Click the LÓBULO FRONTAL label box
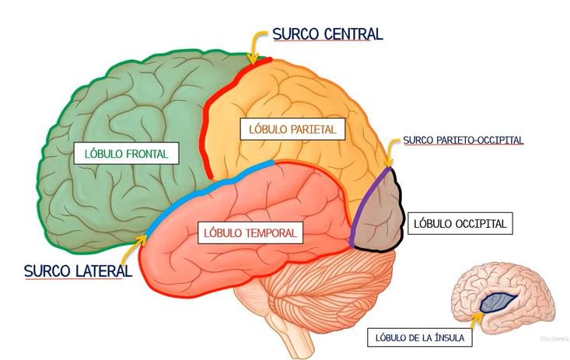click(x=126, y=153)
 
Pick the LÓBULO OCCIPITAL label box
click(x=460, y=224)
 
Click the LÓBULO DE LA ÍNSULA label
click(x=419, y=338)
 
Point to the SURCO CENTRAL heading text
click(x=327, y=34)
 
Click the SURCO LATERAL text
click(x=78, y=271)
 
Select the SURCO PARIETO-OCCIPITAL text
click(x=463, y=141)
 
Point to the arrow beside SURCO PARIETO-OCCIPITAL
click(x=390, y=151)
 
